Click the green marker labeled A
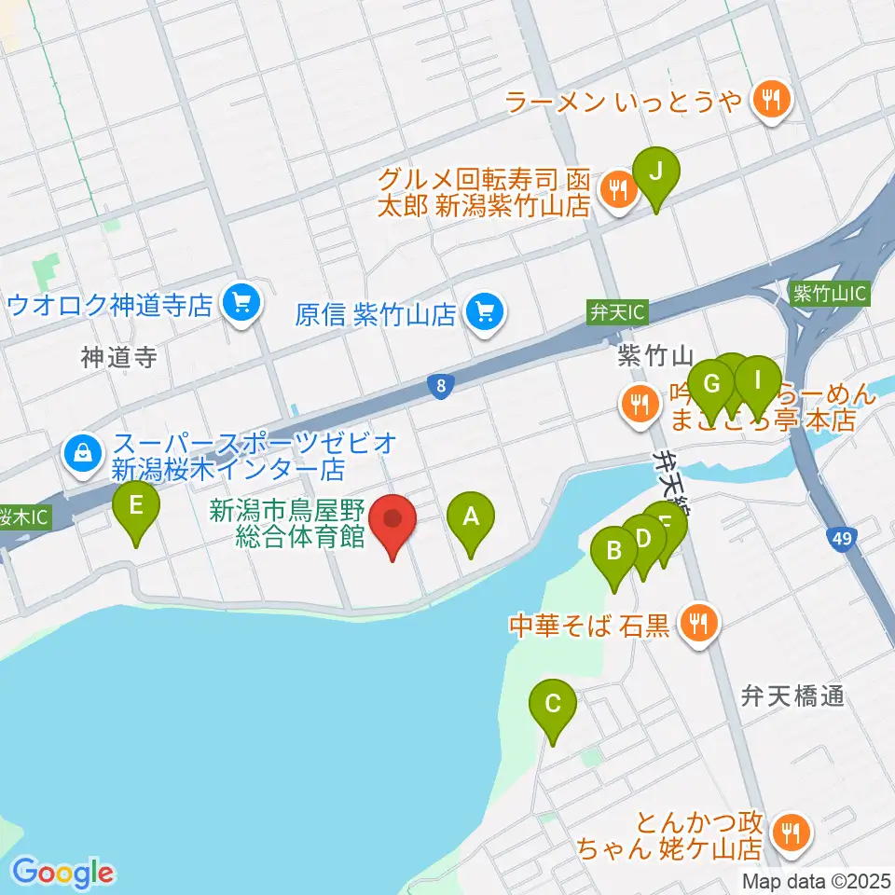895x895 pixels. click(471, 516)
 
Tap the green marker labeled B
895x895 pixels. click(614, 551)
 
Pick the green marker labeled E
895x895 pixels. click(136, 508)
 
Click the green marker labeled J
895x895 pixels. click(656, 172)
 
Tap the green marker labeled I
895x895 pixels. click(758, 380)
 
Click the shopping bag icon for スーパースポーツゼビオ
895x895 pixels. click(84, 453)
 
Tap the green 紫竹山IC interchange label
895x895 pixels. click(829, 293)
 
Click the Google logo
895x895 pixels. click(63, 872)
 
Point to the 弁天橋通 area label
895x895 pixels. click(792, 695)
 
